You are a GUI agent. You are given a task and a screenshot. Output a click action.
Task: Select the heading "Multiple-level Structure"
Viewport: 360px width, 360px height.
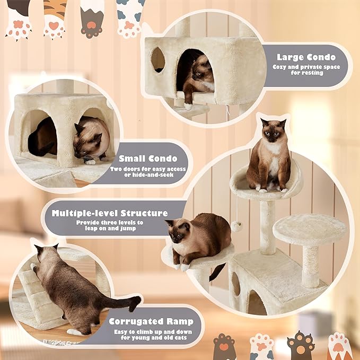click(x=110, y=213)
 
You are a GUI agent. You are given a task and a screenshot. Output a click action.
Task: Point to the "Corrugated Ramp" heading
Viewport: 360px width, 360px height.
click(x=151, y=321)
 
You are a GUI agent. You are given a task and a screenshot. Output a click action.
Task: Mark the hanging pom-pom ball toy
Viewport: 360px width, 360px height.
click(x=235, y=226)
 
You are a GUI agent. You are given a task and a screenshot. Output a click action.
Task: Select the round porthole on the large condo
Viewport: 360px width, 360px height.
click(x=158, y=59)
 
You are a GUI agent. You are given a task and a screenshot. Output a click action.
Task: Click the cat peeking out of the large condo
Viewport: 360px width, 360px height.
click(x=199, y=77)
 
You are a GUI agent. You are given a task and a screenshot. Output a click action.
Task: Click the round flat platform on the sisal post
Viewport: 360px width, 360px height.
click(x=309, y=229)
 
